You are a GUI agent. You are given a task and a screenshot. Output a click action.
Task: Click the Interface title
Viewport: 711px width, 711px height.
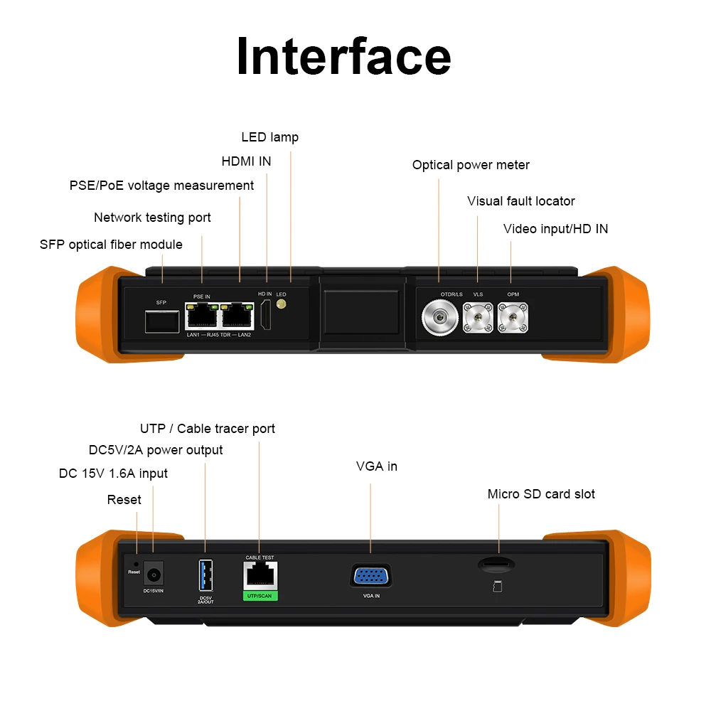(343, 56)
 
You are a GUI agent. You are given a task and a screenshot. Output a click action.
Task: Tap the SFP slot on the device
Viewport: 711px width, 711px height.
(161, 321)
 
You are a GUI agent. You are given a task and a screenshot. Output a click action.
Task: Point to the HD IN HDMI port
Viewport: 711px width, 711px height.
(265, 316)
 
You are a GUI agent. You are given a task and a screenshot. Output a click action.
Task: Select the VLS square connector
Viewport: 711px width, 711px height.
(478, 316)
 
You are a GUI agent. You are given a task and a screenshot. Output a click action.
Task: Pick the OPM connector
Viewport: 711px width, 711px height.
(512, 316)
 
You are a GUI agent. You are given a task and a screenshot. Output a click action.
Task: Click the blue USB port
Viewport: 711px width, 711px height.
(205, 574)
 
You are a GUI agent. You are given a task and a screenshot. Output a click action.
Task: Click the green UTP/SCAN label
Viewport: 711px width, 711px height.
(260, 595)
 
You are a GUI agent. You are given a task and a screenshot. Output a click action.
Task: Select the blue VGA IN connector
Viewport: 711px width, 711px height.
(371, 575)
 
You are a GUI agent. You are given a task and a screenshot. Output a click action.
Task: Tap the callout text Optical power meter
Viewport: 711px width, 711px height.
(471, 165)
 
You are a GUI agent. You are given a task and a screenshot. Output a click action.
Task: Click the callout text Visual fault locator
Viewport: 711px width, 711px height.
(520, 201)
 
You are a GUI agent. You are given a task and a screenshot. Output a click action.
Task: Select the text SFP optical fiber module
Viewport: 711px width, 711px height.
(111, 245)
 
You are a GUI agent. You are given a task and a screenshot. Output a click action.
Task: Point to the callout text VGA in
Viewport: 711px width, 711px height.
(376, 466)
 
